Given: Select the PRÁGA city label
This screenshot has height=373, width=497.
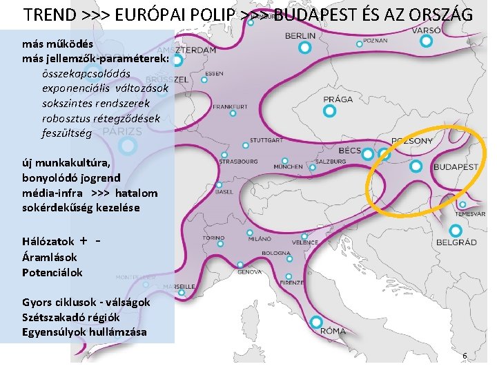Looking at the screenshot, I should tap(338, 99).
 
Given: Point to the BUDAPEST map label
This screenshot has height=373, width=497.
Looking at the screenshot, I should tap(456, 167).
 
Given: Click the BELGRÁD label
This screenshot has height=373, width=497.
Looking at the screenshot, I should tap(456, 242).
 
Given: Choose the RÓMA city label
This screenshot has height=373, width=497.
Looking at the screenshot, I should tap(333, 331).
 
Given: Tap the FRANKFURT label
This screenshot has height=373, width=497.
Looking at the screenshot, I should tap(231, 107).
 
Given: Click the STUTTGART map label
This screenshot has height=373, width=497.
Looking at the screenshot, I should tap(266, 140).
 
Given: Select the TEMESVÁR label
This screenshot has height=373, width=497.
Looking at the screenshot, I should tap(471, 214).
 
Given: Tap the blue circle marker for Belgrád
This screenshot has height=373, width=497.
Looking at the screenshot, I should tap(455, 231).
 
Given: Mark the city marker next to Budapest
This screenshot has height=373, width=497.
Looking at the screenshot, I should tap(416, 166).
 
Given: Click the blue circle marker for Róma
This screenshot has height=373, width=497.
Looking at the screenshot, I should tap(316, 322).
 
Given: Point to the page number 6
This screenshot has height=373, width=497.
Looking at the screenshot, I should tap(465, 356).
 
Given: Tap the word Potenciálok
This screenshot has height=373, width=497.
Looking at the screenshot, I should tap(52, 272).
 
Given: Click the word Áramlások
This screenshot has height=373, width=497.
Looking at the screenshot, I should tap(50, 257).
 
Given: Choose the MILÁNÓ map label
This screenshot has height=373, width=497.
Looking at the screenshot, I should tap(260, 238).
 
